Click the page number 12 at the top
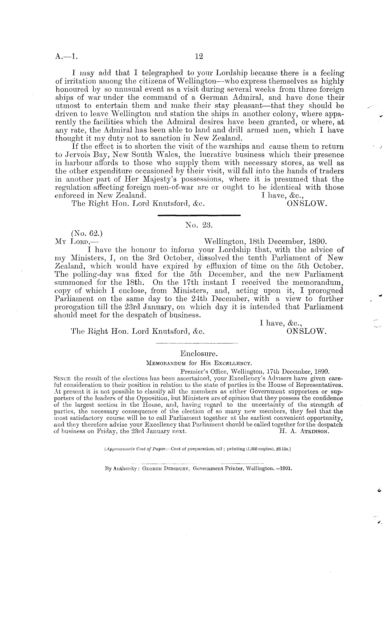[x=199, y=56]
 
